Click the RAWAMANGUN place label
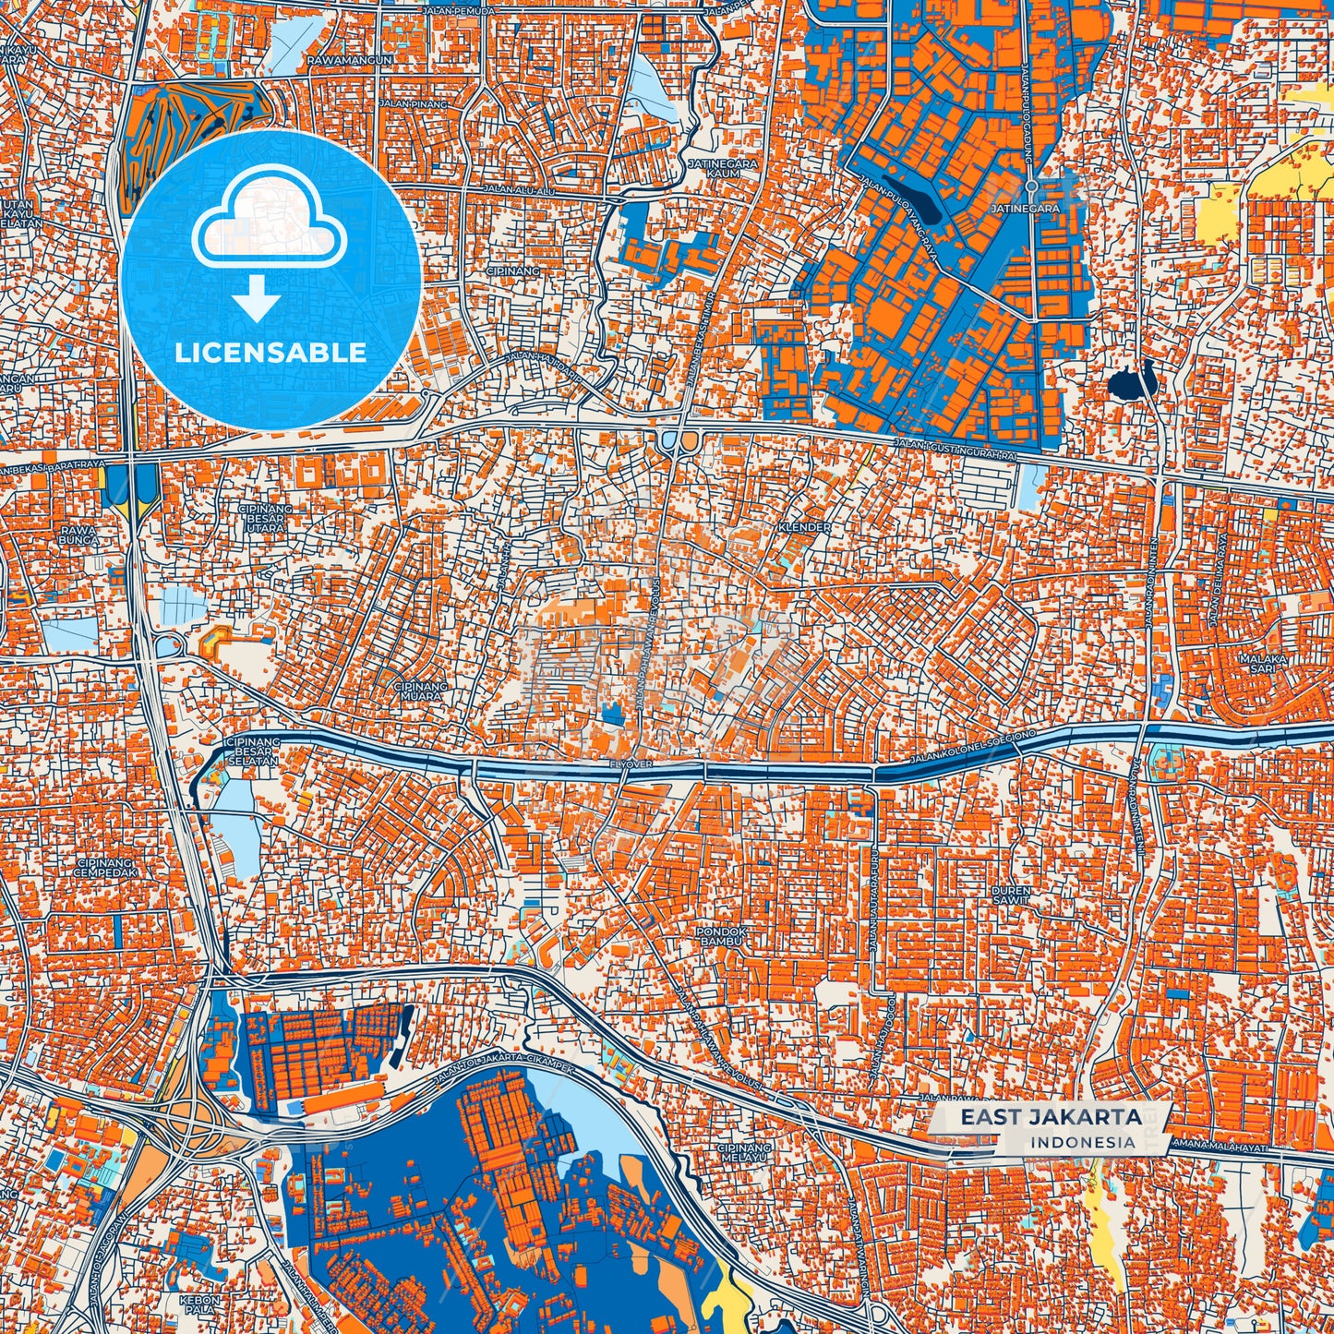[351, 60]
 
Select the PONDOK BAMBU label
[720, 936]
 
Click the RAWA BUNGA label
[78, 535]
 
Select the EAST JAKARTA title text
[1051, 1118]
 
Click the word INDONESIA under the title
[1083, 1142]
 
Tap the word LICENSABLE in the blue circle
[270, 353]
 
